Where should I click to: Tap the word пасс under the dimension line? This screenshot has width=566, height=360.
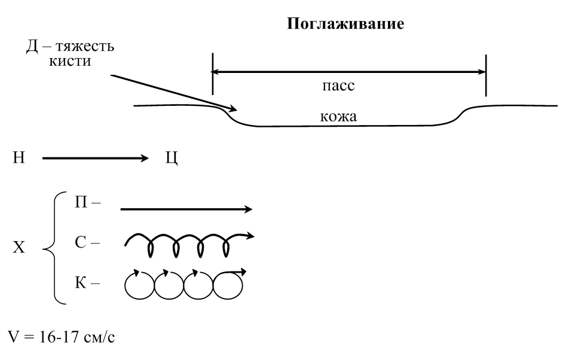[x=343, y=86]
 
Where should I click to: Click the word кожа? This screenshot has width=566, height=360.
[x=338, y=117]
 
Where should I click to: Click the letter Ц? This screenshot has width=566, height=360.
[x=171, y=160]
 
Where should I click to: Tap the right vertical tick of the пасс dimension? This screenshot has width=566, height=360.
[x=486, y=75]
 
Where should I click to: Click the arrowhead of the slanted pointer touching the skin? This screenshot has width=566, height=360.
[x=234, y=109]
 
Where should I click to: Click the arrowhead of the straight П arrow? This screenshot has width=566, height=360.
[x=248, y=209]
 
